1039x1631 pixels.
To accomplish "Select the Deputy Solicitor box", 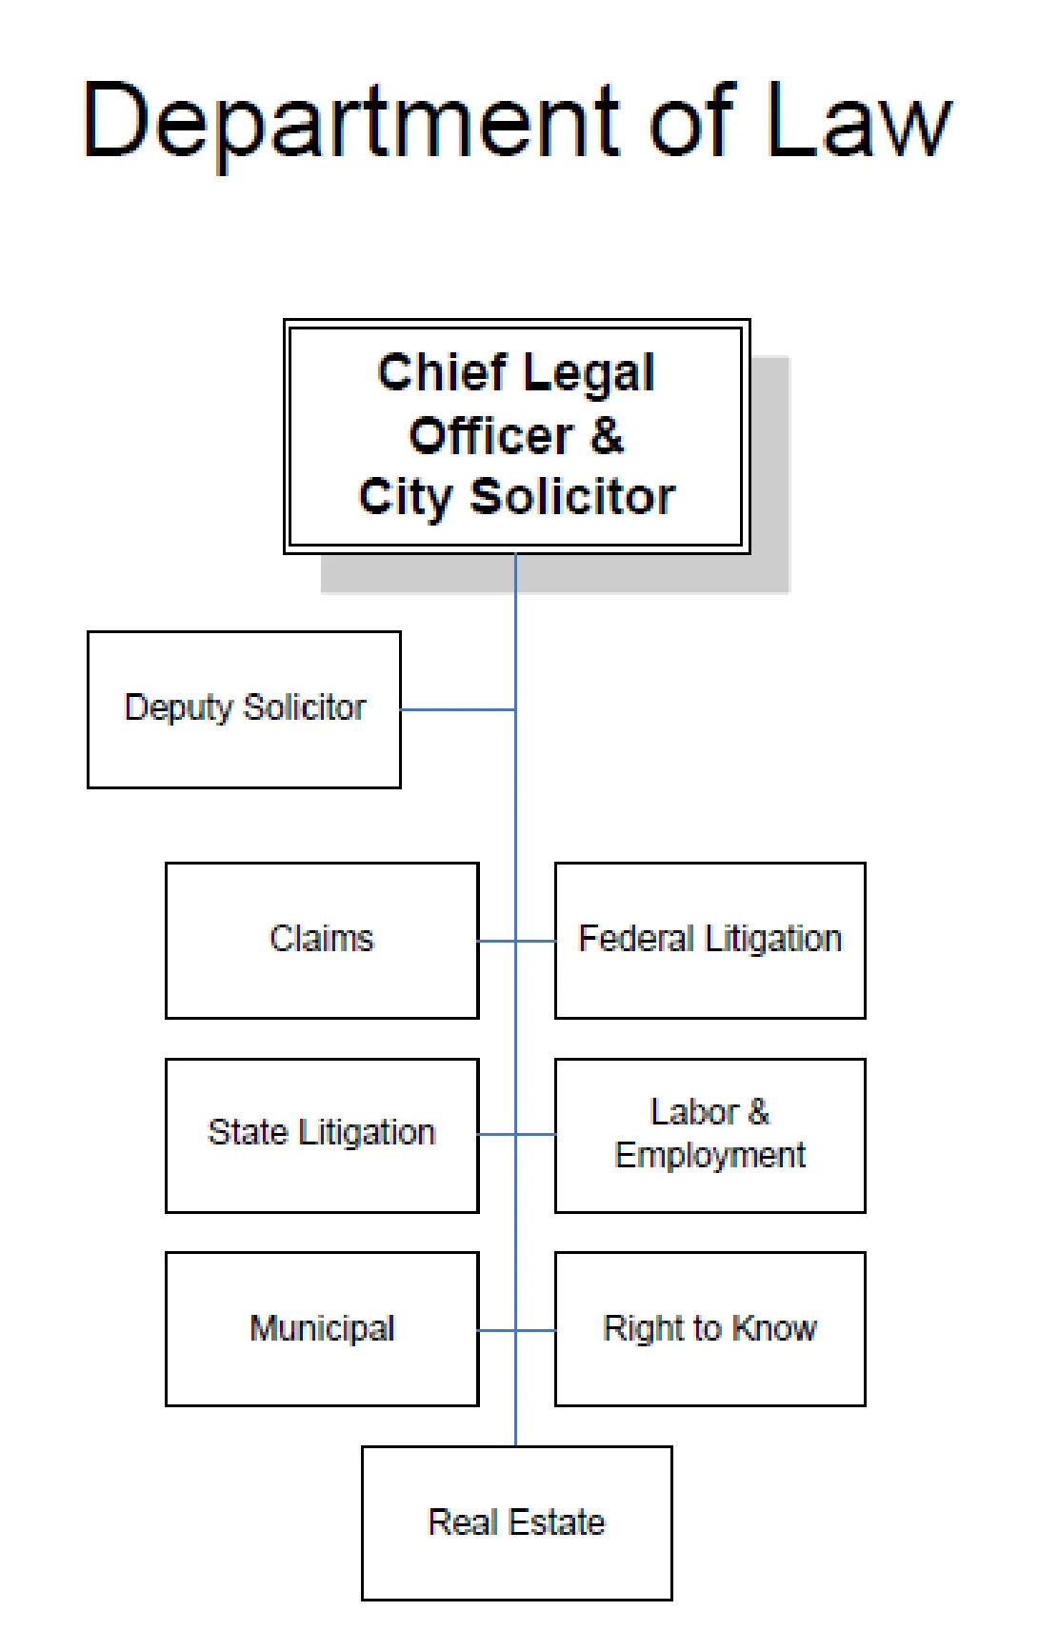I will coord(244,709).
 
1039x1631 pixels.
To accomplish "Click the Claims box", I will coord(322,940).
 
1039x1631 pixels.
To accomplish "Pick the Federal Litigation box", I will coord(709,940).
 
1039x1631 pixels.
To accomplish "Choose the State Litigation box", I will coord(322,1134).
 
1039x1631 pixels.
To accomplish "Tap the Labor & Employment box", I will coord(709,1134).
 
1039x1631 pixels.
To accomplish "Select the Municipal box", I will coord(322,1328).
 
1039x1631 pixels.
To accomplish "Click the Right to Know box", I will coord(709,1328).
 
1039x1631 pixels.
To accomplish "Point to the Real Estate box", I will coord(516,1522).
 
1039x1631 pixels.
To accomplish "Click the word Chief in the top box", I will coord(442,372).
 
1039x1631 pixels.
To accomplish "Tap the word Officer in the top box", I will coord(490,436).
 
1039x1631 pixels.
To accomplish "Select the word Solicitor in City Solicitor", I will coord(572,497).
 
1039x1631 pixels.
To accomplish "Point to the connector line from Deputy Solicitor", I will coord(457,709).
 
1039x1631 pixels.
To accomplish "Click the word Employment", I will coord(709,1156).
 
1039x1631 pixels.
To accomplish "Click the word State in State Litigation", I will coord(247,1133).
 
